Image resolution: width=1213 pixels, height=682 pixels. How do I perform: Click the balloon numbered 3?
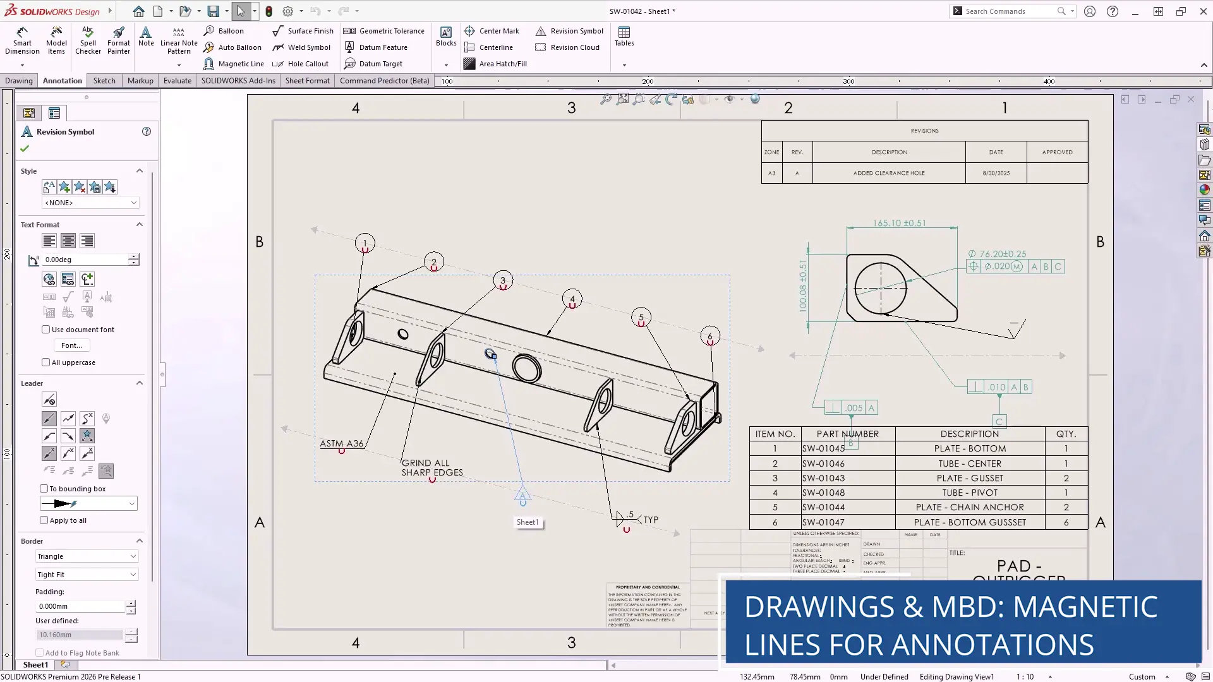point(503,280)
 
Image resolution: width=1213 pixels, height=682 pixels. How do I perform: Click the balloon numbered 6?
point(710,336)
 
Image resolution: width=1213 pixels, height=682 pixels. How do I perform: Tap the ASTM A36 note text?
point(341,443)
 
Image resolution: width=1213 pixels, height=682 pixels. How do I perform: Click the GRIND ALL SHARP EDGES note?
point(432,468)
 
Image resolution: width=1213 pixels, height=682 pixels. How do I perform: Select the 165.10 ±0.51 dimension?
point(899,223)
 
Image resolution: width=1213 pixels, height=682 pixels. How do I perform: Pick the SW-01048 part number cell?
point(823,493)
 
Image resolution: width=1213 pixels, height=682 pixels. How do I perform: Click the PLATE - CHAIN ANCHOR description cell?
point(969,507)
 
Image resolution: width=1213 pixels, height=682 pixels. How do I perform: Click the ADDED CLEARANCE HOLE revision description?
point(888,173)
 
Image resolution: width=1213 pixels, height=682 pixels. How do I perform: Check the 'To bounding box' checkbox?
point(44,489)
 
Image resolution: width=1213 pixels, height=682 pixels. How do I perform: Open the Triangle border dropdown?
point(87,556)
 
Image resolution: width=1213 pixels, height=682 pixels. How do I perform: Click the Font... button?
point(71,345)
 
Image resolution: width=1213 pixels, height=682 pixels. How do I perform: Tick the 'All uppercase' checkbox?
point(45,362)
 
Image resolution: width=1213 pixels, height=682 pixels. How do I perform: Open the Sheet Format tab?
point(307,81)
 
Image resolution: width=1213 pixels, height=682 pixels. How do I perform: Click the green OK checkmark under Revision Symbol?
point(25,148)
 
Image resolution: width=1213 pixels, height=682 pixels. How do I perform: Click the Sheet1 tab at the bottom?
point(35,665)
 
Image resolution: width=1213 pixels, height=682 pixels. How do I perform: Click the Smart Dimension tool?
point(22,41)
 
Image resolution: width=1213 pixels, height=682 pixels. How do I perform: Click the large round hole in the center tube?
point(526,368)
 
